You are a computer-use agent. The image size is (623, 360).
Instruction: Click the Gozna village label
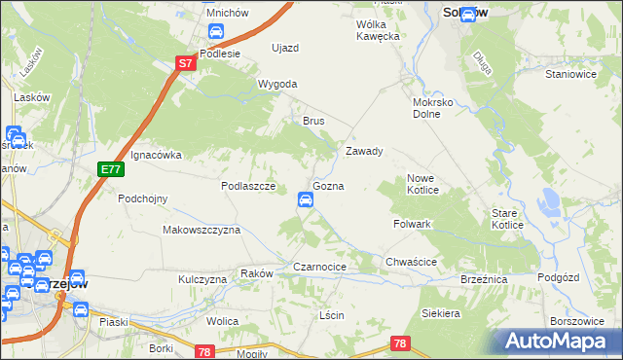click(327, 185)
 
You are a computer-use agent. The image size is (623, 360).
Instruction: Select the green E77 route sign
click(112, 169)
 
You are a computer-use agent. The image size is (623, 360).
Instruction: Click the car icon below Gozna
click(305, 201)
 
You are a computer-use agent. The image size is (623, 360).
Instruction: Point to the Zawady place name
click(365, 152)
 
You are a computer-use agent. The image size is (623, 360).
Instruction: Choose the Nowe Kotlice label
click(425, 184)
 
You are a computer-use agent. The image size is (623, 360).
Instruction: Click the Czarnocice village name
click(320, 266)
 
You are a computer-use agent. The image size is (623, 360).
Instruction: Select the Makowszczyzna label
click(201, 230)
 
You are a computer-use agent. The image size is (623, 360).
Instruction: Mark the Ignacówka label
click(156, 154)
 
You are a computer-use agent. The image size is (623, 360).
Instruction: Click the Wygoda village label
click(277, 84)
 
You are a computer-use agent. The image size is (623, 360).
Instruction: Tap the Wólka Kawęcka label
click(379, 30)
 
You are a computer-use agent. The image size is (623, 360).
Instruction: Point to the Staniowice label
click(571, 73)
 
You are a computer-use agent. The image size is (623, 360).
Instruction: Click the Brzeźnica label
click(484, 278)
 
